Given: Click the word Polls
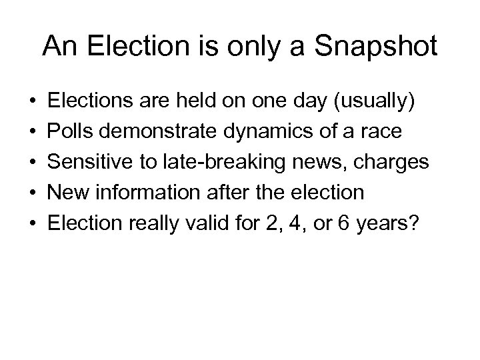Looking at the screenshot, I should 77,132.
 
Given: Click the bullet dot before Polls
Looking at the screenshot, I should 34,132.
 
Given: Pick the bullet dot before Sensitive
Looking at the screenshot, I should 34,163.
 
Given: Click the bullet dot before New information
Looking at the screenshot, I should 34,193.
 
